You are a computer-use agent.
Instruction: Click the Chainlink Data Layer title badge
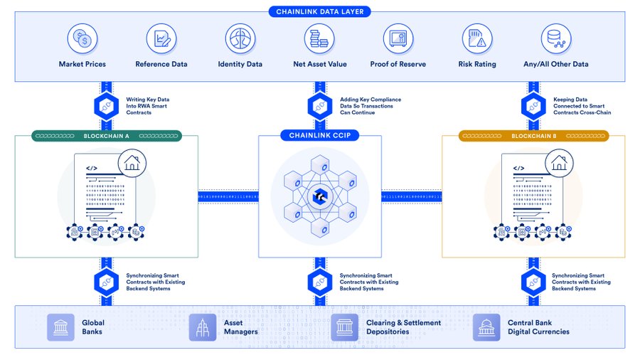319,11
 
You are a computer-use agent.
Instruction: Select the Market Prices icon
82,39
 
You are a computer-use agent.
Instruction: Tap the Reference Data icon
161,39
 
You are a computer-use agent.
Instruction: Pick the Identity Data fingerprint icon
240,39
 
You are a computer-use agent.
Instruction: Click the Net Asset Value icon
319,39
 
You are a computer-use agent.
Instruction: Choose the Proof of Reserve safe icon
398,39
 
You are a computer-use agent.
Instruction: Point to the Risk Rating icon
477,39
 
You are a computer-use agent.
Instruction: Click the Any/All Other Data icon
556,39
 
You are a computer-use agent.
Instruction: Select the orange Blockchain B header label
533,135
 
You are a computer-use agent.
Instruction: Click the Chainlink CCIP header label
319,135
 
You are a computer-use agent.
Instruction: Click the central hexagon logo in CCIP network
319,194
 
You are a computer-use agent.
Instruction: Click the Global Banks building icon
60,327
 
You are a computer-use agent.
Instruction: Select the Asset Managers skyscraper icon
203,327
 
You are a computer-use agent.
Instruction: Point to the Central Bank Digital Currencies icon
486,327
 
